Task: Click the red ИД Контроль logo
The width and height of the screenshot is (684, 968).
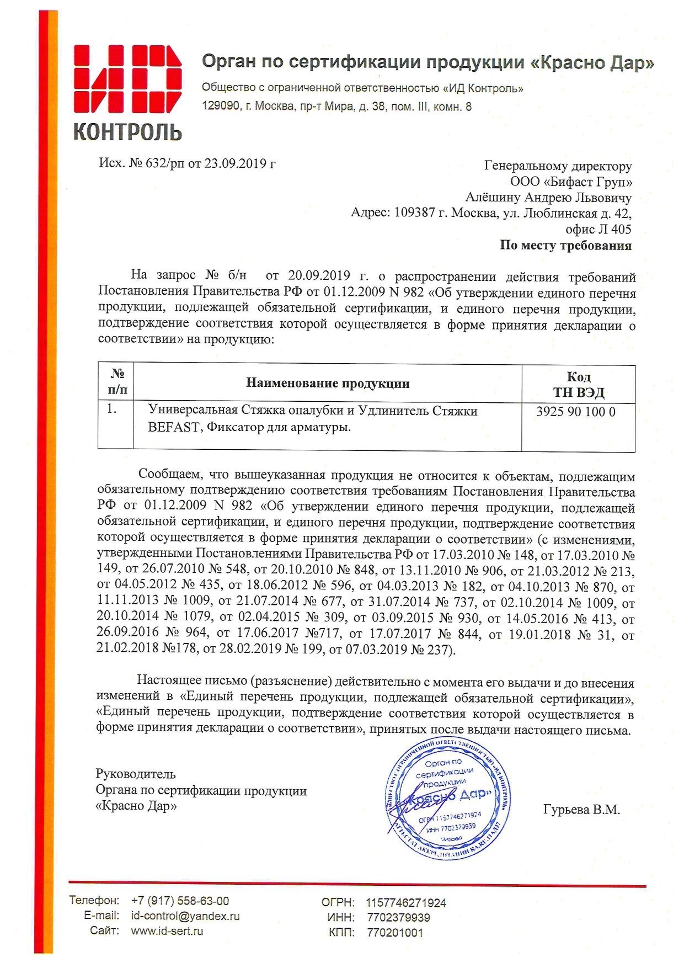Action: (x=127, y=92)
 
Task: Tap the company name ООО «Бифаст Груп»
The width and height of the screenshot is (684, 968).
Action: (x=571, y=182)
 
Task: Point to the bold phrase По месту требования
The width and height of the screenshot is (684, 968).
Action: (x=565, y=245)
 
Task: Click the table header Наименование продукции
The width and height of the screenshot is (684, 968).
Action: (x=328, y=384)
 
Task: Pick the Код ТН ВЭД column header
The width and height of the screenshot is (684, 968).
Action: (x=579, y=384)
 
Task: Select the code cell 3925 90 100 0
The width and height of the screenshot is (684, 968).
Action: (x=575, y=412)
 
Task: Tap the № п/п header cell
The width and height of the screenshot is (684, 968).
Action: (x=117, y=382)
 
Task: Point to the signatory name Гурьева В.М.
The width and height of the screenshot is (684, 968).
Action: (x=581, y=810)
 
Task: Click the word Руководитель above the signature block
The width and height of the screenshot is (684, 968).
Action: (x=136, y=774)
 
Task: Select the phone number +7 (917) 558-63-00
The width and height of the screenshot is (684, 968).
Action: (x=180, y=901)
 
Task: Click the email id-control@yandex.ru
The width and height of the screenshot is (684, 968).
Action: (x=185, y=916)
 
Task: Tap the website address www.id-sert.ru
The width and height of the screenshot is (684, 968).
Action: (x=167, y=931)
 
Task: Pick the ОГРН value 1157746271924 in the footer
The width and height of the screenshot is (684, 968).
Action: (x=406, y=903)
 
